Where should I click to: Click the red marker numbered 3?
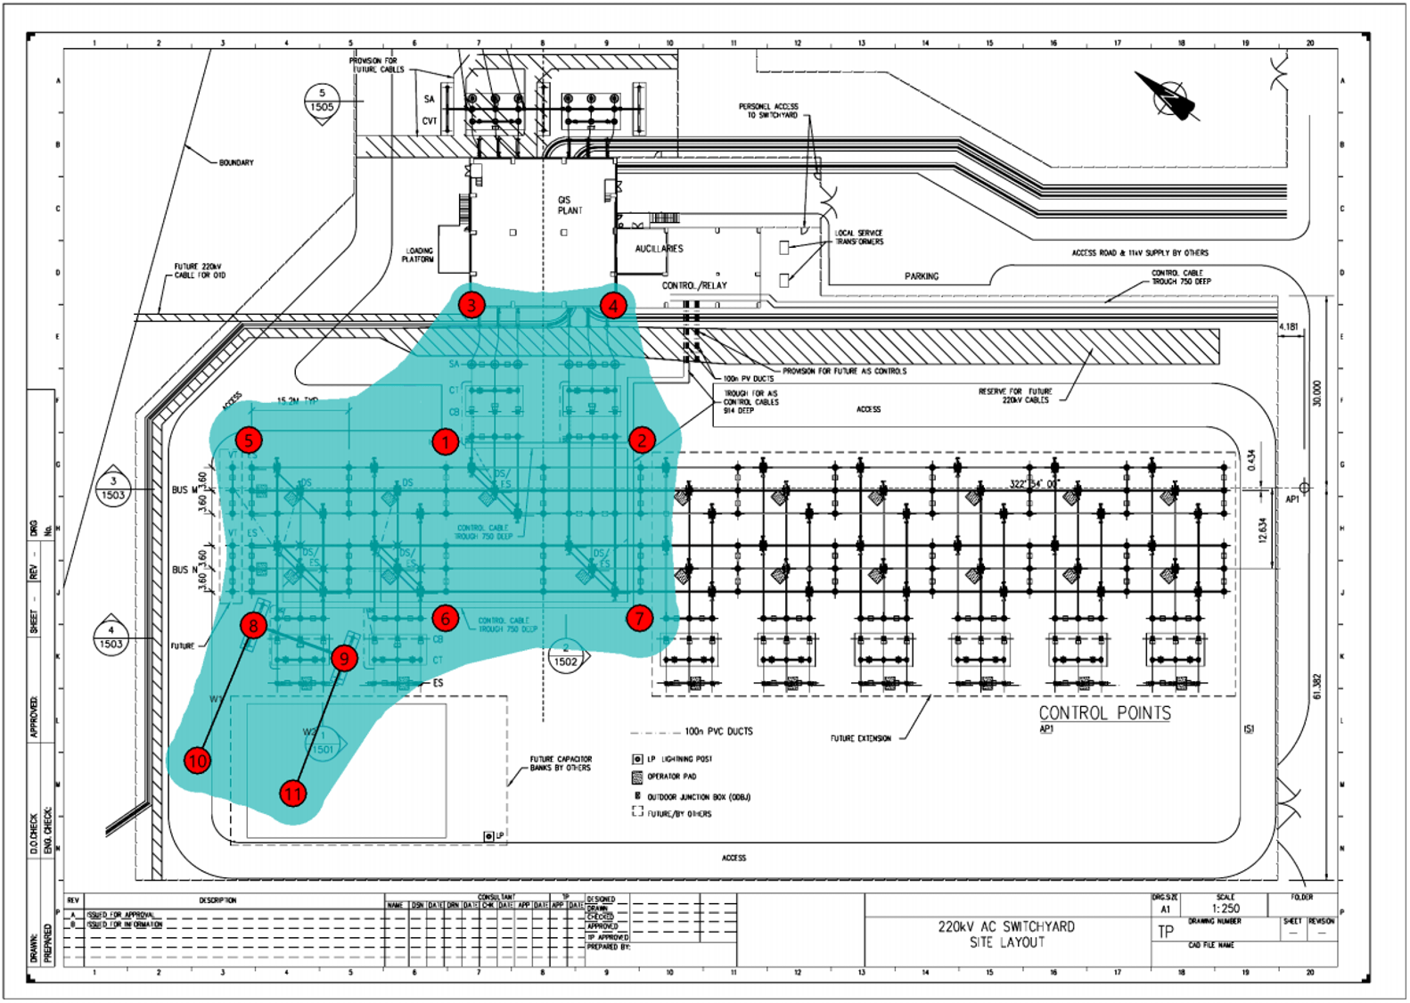tap(471, 305)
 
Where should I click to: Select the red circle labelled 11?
tap(293, 793)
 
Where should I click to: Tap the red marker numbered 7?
tap(639, 618)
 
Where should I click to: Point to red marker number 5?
tap(249, 440)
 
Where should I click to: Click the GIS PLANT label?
tap(570, 205)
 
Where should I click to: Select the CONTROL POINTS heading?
tap(1104, 713)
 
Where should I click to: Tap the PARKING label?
tap(922, 276)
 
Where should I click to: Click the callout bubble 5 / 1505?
tap(322, 101)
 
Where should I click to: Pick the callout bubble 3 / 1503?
tap(113, 489)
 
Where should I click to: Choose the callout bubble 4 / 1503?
tap(111, 637)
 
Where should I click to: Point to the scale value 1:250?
tap(1226, 908)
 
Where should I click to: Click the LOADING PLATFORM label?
tap(418, 255)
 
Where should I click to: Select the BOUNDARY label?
tap(236, 162)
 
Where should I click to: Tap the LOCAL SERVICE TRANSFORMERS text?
tap(858, 237)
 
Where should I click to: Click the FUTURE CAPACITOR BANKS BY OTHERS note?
tap(560, 763)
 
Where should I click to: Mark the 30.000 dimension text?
tap(1317, 393)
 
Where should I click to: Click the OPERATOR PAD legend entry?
tap(670, 777)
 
